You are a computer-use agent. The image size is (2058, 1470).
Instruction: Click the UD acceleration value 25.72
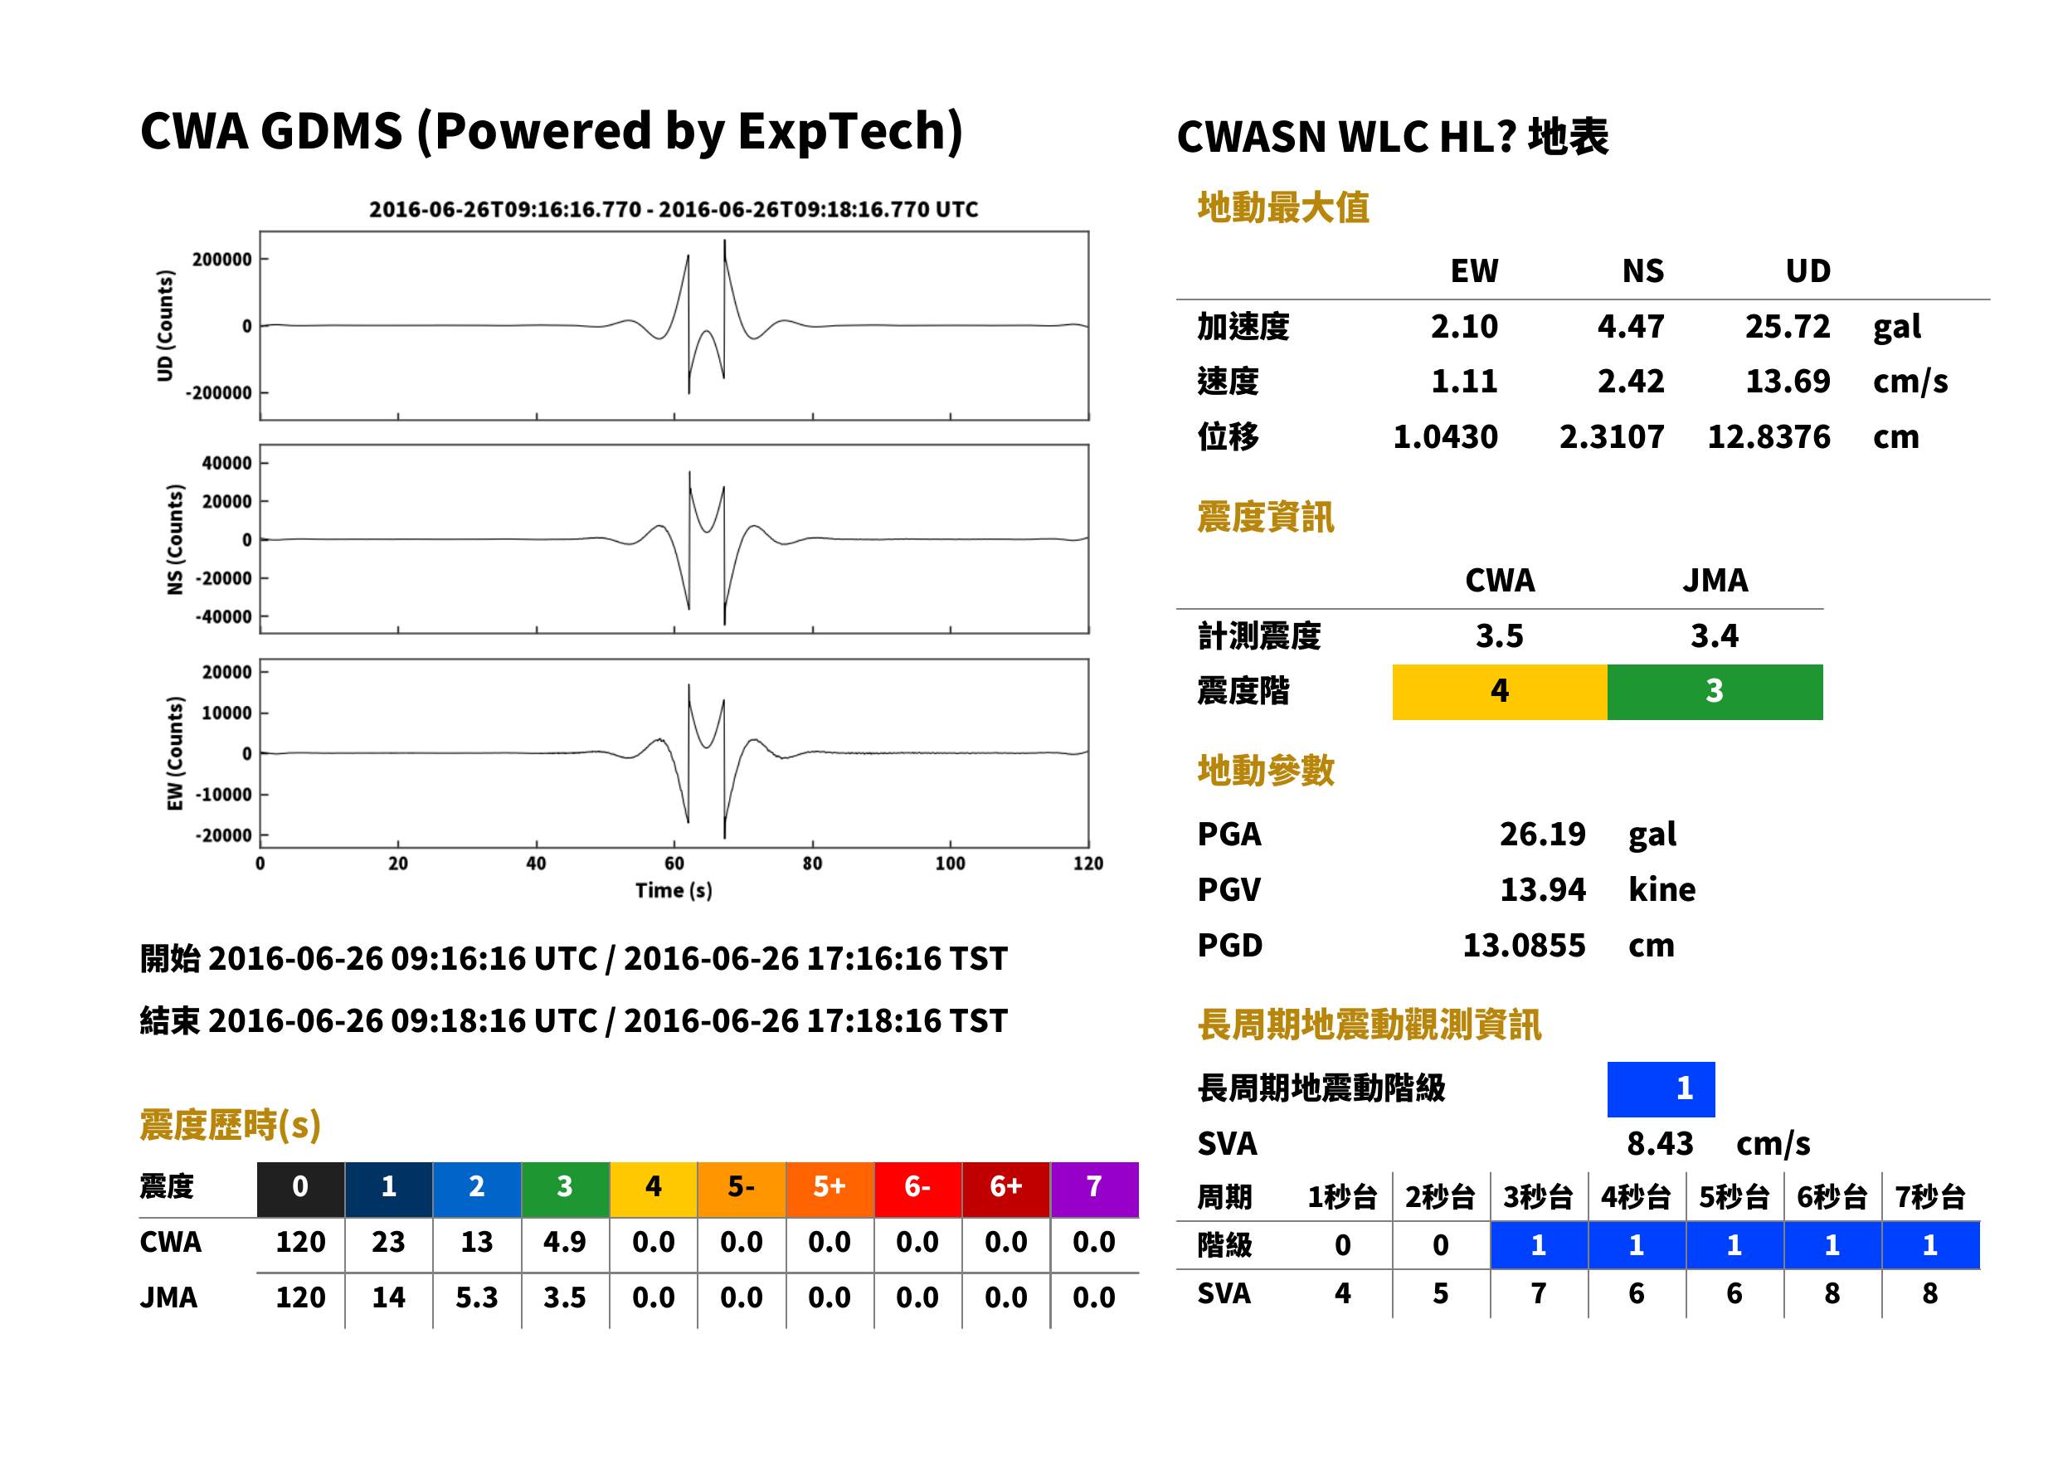point(1787,327)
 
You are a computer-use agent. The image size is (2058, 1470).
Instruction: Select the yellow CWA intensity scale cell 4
point(1500,692)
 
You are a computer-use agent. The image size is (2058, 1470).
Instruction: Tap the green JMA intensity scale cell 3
point(1715,692)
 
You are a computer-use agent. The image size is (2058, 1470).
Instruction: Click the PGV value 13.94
point(1542,890)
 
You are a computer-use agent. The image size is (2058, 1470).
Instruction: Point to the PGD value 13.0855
point(1524,946)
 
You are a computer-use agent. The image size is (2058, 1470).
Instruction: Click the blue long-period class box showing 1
point(1661,1089)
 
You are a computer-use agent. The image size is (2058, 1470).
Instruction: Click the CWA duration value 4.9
point(565,1242)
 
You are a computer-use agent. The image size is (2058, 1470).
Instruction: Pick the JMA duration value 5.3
point(476,1298)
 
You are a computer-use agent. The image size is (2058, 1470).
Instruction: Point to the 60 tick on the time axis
point(674,864)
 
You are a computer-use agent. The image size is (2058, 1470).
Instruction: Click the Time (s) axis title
point(674,891)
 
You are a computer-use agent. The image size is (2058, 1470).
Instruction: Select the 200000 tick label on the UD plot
point(221,260)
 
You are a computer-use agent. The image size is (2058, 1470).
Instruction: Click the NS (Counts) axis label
point(175,539)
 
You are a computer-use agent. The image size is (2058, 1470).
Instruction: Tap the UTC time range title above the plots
point(674,210)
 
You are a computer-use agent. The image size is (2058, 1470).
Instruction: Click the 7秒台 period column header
point(1930,1198)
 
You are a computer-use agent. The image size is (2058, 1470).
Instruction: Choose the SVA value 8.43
point(1660,1144)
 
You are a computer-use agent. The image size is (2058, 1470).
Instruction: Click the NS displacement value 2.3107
point(1611,437)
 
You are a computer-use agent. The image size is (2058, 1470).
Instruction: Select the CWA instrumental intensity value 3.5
point(1500,636)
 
